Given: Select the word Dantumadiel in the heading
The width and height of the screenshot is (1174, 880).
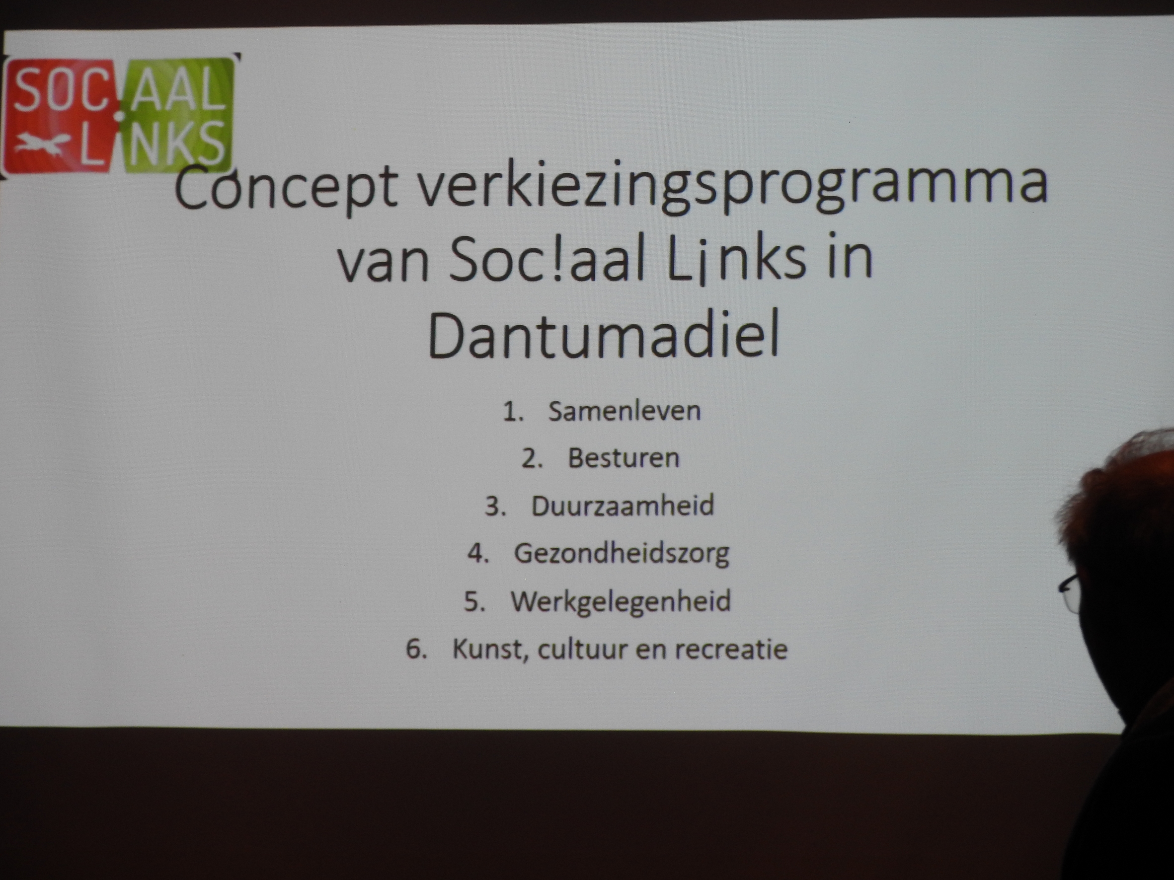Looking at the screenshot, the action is tap(604, 333).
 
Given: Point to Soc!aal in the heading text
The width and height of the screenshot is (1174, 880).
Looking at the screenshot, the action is tap(547, 259).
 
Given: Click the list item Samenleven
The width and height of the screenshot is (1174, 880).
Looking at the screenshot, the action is tap(624, 411).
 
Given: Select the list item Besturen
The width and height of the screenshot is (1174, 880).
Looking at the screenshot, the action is tap(624, 458).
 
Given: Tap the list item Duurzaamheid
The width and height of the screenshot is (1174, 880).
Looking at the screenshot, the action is tap(623, 506).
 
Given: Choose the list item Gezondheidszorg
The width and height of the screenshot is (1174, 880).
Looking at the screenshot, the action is tap(622, 554).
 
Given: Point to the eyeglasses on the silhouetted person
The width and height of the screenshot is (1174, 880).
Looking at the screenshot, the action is tap(1070, 591).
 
